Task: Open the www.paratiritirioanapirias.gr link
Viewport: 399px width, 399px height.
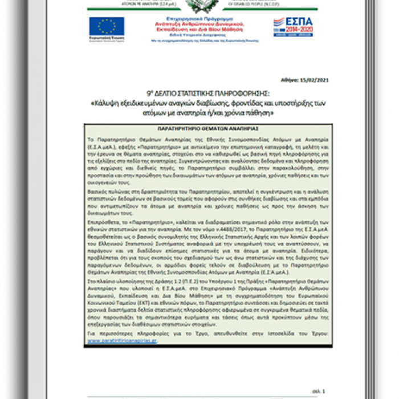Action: pyautogui.click(x=121, y=342)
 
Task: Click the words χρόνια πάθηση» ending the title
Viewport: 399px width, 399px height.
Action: pyautogui.click(x=254, y=113)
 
